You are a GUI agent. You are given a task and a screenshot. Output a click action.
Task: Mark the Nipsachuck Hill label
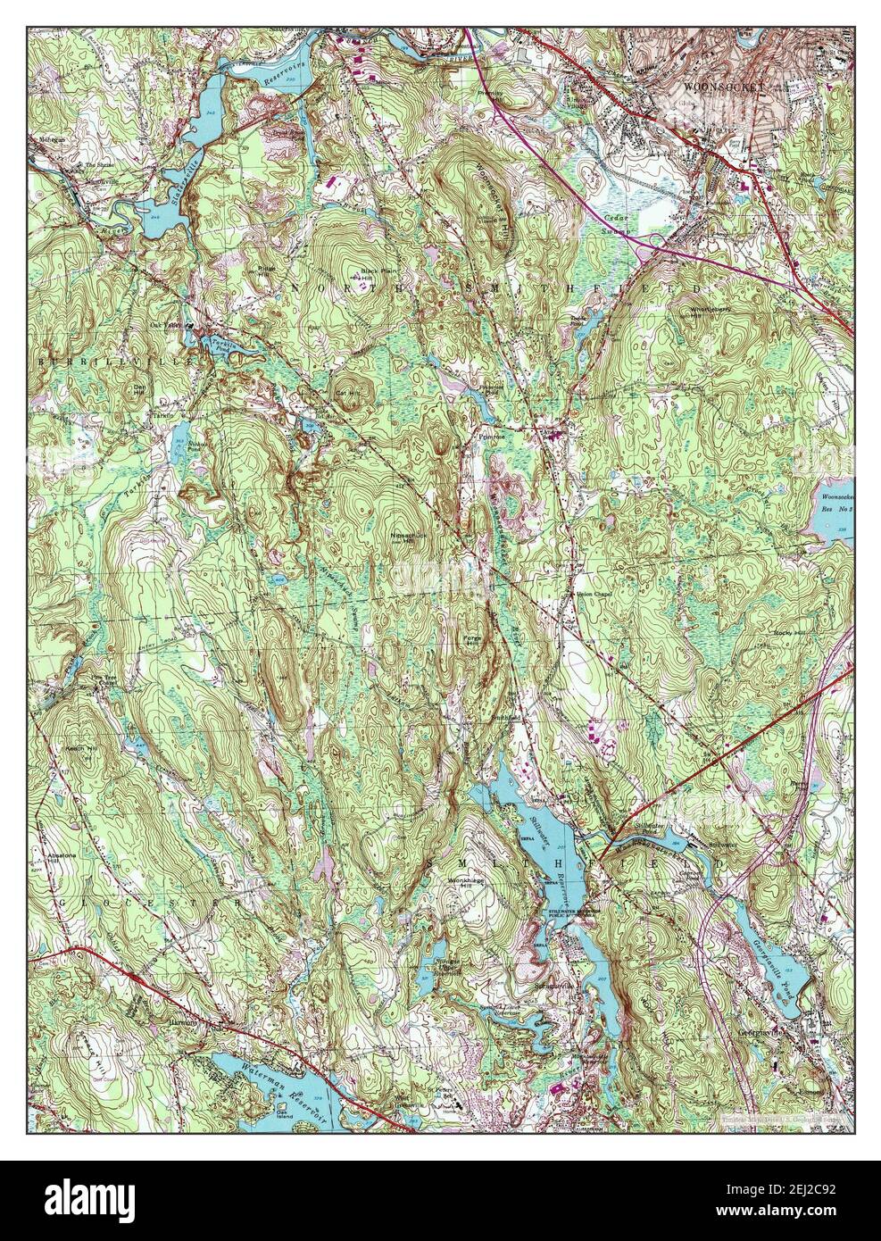[406, 538]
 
